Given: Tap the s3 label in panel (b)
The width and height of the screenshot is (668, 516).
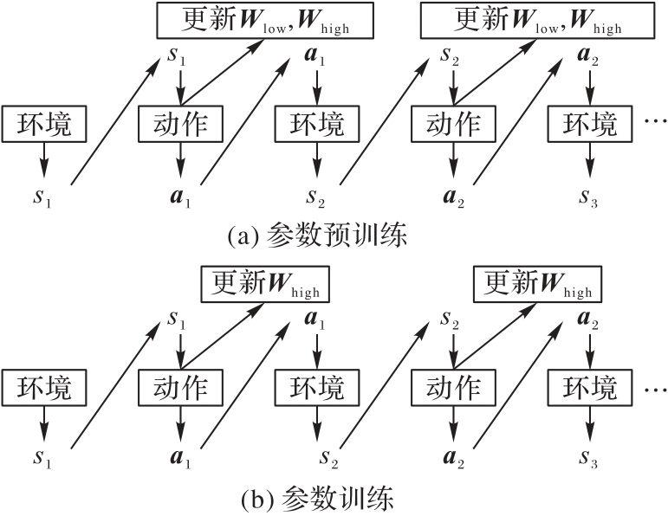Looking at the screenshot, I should pos(589,456).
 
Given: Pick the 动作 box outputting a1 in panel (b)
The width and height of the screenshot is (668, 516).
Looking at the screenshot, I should pos(181,386).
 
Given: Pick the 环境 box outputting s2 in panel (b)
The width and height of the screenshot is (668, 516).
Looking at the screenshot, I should pos(317,386).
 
